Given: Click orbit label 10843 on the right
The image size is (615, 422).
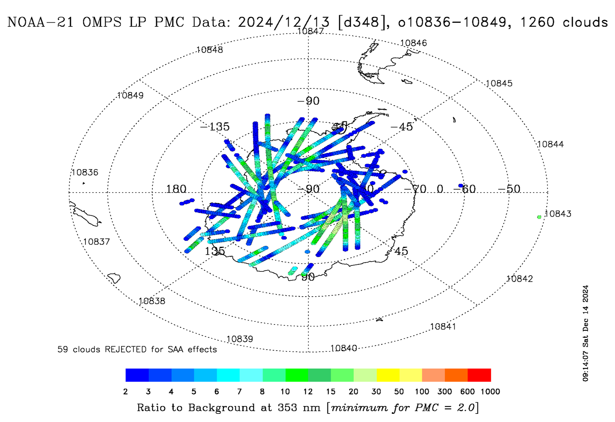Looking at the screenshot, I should pyautogui.click(x=558, y=214).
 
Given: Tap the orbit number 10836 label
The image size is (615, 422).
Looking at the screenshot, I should pyautogui.click(x=85, y=172).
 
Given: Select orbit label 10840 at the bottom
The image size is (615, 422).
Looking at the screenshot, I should pyautogui.click(x=344, y=348).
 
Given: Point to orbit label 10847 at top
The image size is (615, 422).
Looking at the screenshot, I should pyautogui.click(x=310, y=31).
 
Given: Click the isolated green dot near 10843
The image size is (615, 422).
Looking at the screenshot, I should pyautogui.click(x=539, y=217).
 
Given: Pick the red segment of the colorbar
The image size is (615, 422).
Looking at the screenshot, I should pyautogui.click(x=479, y=375).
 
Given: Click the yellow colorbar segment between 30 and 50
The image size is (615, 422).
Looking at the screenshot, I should pyautogui.click(x=388, y=375).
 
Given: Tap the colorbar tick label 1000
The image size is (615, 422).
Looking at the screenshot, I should pyautogui.click(x=490, y=392).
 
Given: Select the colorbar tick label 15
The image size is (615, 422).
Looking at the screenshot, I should pyautogui.click(x=330, y=392).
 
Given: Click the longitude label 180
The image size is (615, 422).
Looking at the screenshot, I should pyautogui.click(x=176, y=189).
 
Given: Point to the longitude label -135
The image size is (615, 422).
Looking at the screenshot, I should pyautogui.click(x=215, y=127).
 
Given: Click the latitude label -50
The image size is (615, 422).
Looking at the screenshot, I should pyautogui.click(x=509, y=189).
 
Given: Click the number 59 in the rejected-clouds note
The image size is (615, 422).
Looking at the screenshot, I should pyautogui.click(x=62, y=349).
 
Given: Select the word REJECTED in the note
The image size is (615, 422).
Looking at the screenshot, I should pyautogui.click(x=125, y=349).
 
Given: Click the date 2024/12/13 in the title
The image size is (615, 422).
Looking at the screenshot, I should pyautogui.click(x=284, y=22).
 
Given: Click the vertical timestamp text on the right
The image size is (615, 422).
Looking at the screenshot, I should pyautogui.click(x=585, y=333).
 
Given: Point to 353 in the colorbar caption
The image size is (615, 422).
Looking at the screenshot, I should pyautogui.click(x=287, y=407).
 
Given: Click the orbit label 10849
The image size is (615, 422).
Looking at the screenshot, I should pyautogui.click(x=130, y=95).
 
